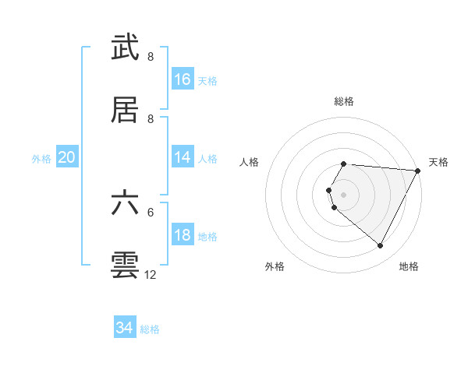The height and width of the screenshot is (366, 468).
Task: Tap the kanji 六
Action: [126, 203]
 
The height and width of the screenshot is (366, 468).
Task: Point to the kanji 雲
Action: [126, 266]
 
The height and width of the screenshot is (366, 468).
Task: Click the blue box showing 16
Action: [183, 79]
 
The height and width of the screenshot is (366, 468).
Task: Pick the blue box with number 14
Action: [183, 157]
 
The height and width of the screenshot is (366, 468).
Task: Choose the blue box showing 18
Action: [183, 235]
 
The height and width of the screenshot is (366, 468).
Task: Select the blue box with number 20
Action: [67, 157]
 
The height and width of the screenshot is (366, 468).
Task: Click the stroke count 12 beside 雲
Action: [151, 275]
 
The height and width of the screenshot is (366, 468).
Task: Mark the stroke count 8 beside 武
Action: [151, 57]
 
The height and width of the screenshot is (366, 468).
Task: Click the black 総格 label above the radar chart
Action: [344, 101]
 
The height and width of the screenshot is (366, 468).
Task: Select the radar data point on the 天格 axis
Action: [417, 171]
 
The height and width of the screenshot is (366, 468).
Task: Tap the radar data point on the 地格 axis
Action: [381, 246]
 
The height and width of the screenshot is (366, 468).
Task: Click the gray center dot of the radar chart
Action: [344, 195]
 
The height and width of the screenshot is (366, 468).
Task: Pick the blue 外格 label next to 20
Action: [41, 158]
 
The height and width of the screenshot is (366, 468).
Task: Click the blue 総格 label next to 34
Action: [150, 329]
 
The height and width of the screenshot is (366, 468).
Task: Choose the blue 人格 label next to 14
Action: [207, 158]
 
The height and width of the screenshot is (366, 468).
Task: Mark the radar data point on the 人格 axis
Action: [329, 190]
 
